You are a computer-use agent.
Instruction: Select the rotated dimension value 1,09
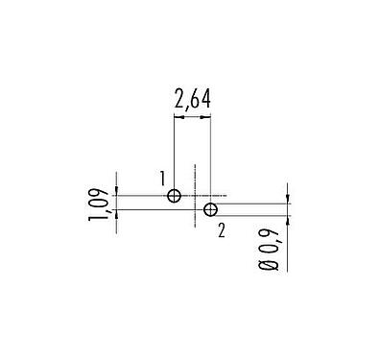97,204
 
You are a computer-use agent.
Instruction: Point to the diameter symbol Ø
272,269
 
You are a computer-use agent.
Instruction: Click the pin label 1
164,178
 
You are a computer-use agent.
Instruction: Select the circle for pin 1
174,196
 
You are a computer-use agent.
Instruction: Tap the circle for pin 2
210,209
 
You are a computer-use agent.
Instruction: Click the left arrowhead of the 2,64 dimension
178,117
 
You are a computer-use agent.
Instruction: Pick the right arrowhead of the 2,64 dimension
206,117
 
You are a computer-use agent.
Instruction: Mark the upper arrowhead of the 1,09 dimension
117,192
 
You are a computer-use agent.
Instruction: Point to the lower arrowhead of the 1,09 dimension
117,213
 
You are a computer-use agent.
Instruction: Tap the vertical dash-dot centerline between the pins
196,182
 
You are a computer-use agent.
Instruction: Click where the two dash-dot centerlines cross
196,196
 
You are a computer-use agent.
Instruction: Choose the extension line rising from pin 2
210,154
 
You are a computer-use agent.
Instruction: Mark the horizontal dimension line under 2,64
192,117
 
